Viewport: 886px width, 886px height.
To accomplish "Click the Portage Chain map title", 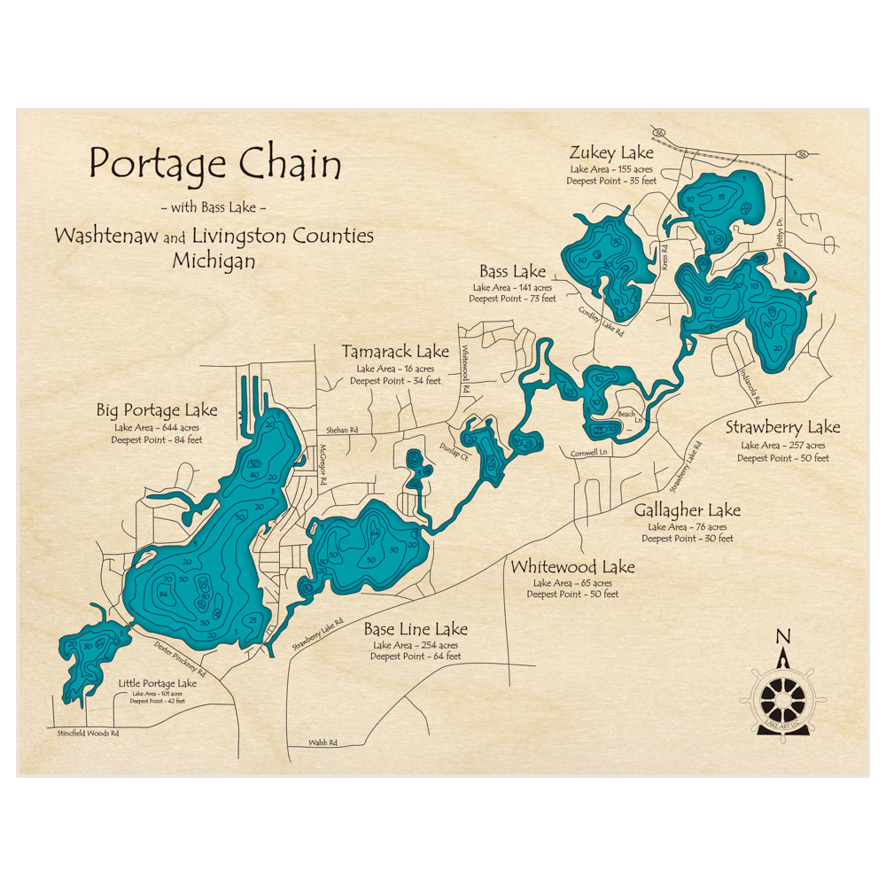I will click(x=215, y=165).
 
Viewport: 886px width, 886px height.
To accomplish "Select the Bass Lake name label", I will click(x=512, y=271).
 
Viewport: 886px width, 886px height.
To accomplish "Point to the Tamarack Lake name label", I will click(x=395, y=352).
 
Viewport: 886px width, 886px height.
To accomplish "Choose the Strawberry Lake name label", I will click(x=782, y=428).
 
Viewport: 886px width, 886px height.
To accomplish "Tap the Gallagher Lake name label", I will click(x=687, y=510).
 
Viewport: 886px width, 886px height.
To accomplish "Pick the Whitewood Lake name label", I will click(x=572, y=567).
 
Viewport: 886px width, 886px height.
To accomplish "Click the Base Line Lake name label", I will click(x=416, y=629).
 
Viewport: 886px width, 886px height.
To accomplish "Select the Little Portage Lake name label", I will click(x=157, y=684).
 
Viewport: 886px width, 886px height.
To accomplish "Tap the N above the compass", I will click(x=782, y=635).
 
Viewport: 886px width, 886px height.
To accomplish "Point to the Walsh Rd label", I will click(x=323, y=742).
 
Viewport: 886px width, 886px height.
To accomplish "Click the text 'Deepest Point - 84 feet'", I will click(x=157, y=439).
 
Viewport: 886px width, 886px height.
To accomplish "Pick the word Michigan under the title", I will click(x=214, y=261).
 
